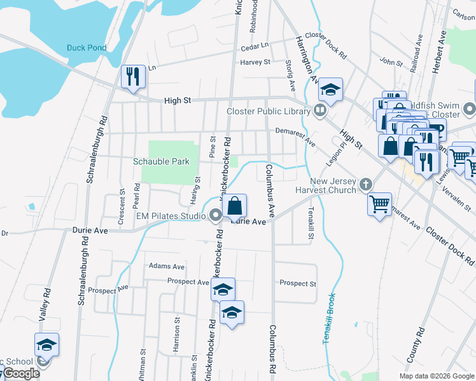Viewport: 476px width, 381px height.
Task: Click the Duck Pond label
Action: coord(86,48)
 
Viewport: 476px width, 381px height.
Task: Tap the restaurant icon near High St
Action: coord(133,77)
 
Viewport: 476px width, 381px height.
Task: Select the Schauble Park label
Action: coord(161,161)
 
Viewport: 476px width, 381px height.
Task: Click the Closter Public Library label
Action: coord(269,111)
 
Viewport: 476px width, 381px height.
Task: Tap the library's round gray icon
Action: coord(320,111)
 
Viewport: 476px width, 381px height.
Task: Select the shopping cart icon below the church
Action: coord(379,204)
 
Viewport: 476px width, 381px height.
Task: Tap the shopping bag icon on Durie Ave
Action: coord(234,205)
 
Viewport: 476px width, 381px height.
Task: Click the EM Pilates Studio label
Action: coord(171,217)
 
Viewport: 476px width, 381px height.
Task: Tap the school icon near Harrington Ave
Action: coord(330,90)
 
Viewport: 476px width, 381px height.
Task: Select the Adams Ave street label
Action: coord(166,267)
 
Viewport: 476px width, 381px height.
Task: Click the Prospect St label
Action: coord(298,283)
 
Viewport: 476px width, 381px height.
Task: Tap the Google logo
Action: coord(20,373)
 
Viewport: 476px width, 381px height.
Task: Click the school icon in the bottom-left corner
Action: coord(46,345)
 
